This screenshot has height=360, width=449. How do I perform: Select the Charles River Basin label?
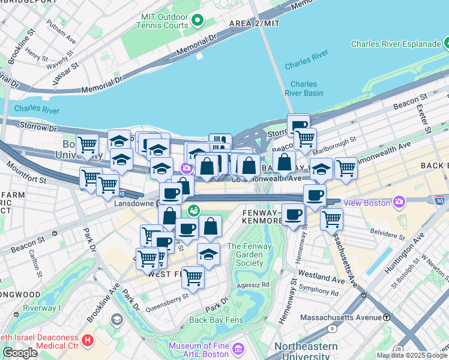point(304,88)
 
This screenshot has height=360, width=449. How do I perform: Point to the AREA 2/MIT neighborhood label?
point(255,23)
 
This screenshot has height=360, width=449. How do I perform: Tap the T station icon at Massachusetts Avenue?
point(387,317)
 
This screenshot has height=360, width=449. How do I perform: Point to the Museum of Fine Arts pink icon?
point(238,348)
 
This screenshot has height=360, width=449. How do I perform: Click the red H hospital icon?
point(88,341)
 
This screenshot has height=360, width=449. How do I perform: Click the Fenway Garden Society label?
point(246,254)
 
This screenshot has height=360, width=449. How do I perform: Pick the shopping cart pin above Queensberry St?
point(193,277)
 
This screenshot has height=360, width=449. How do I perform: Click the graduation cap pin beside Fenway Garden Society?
point(208,254)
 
